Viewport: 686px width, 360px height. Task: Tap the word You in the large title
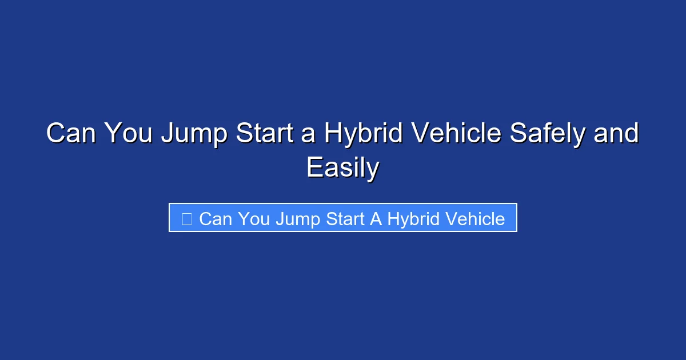130,134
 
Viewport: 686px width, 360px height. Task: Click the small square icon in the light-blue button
186,218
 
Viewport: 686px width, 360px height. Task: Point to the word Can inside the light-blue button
216,219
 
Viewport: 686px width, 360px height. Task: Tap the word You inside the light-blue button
254,219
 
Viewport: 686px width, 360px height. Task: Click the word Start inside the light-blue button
345,219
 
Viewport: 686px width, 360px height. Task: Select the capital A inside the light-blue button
376,219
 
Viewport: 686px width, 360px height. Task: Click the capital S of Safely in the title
519,134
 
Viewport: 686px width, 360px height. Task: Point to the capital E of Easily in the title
314,168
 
